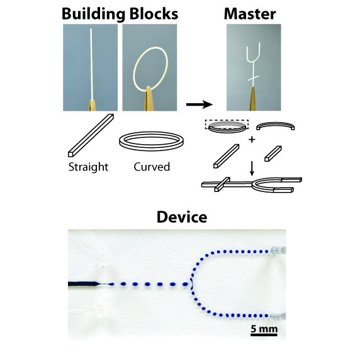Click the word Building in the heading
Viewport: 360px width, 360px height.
click(93, 14)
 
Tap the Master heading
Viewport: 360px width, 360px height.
click(250, 14)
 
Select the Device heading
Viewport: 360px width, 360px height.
click(182, 217)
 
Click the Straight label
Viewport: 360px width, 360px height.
click(88, 167)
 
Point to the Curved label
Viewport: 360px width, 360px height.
click(152, 167)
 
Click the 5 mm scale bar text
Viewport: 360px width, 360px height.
click(264, 329)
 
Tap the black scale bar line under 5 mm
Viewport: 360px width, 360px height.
click(264, 335)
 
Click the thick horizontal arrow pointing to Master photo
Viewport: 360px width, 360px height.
click(200, 104)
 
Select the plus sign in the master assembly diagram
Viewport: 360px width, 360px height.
click(252, 139)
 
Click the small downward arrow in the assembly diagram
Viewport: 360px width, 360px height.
click(252, 169)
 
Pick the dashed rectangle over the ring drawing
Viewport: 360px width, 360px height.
click(227, 124)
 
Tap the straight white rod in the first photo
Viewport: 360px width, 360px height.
click(92, 64)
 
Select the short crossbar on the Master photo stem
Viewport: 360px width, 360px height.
click(254, 79)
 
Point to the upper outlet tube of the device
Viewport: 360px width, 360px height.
click(278, 250)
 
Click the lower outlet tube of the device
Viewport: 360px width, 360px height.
click(278, 316)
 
